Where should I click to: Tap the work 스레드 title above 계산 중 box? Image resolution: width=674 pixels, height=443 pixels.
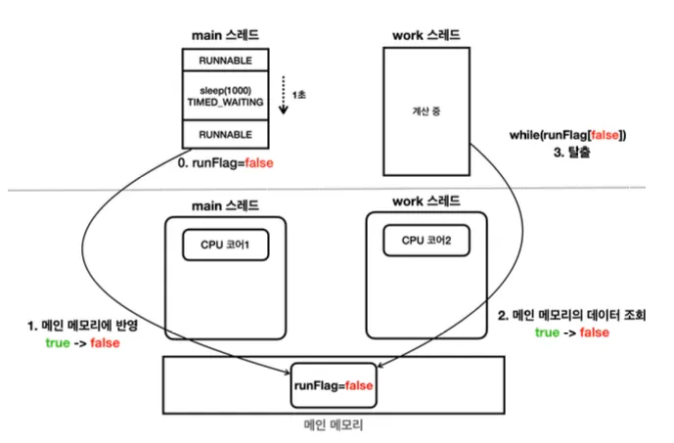coord(423,36)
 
